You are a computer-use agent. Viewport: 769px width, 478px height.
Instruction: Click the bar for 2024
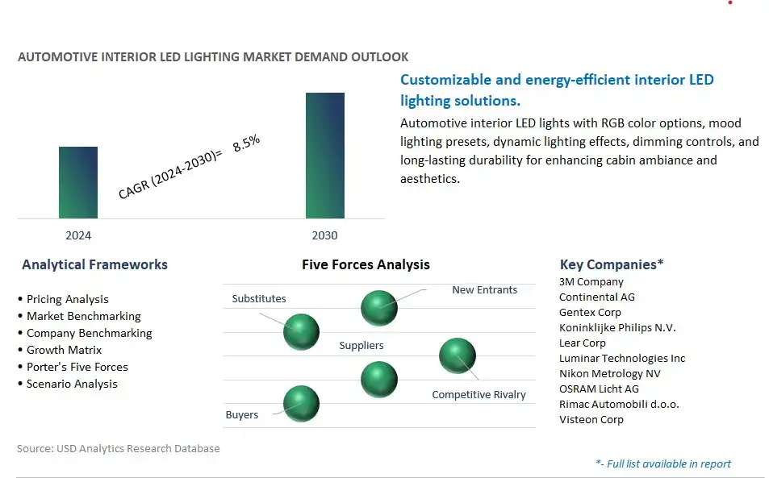pos(78,182)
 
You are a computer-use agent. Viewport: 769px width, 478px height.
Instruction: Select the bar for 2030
pos(324,156)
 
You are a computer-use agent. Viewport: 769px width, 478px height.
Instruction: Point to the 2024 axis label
pos(78,235)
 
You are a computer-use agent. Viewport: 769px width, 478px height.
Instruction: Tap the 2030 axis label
pos(324,235)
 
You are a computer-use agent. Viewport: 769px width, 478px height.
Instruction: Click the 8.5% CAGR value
pos(246,143)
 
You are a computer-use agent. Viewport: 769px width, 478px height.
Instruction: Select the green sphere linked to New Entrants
pos(379,308)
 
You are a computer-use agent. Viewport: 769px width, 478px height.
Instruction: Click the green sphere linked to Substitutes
pos(301,332)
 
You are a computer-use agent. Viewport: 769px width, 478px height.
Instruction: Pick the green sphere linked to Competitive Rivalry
pos(457,355)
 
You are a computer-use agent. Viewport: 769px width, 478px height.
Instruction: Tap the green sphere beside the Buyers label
pos(301,404)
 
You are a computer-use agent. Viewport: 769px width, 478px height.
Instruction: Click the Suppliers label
pos(362,345)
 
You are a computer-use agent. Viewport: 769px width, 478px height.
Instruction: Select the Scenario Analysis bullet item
pos(68,384)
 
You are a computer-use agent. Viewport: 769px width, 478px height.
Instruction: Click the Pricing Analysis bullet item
pos(63,299)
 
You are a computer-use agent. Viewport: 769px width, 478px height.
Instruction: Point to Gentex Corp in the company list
pos(590,313)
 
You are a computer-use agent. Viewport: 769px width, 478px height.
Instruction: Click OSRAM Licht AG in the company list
pos(599,389)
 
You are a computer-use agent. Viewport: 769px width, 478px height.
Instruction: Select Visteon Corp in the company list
pos(591,420)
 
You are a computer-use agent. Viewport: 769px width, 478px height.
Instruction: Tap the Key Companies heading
pos(612,264)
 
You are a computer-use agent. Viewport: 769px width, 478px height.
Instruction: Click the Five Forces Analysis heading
pos(366,265)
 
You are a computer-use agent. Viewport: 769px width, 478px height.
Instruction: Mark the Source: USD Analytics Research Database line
pos(118,449)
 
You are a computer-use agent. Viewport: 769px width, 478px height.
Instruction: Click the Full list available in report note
pos(663,463)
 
